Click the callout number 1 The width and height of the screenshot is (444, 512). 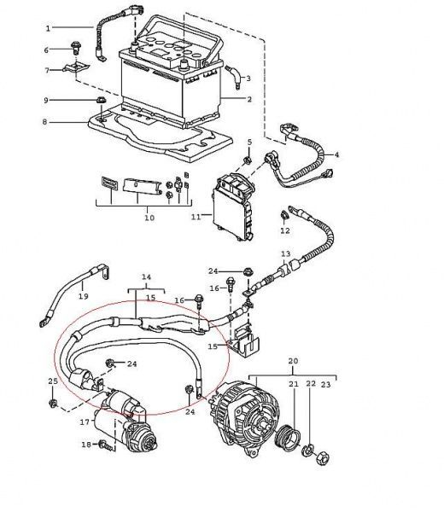(x=48, y=28)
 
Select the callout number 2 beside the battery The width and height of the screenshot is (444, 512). (x=249, y=99)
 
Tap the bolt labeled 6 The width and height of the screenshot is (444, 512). (x=77, y=49)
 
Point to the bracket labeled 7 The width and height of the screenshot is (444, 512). (x=76, y=68)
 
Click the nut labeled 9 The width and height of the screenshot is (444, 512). (x=101, y=100)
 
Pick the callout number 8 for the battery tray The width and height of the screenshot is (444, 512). (x=44, y=122)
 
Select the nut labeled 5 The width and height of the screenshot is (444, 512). (x=248, y=160)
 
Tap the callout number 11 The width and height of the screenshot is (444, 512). (x=196, y=217)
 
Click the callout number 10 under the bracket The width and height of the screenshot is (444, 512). (x=149, y=218)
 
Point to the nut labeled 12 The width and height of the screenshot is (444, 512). (x=284, y=215)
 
